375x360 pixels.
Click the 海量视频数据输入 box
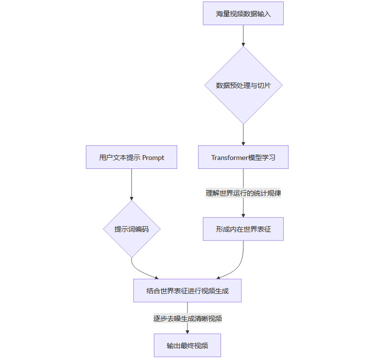(243, 13)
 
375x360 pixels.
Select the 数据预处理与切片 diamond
(243, 85)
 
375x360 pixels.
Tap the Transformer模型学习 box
(243, 158)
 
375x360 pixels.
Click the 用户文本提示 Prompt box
(131, 158)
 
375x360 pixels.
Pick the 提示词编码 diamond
(131, 229)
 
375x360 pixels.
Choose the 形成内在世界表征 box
(243, 229)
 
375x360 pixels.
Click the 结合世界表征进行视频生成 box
(187, 291)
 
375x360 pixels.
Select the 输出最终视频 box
(187, 346)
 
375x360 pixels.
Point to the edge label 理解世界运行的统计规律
(243, 193)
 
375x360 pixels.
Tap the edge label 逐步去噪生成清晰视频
(187, 319)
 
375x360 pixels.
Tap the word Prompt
(153, 158)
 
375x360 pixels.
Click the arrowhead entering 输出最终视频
(187, 331)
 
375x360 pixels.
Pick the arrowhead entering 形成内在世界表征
(243, 215)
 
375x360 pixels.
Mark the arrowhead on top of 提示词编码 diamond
(131, 198)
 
